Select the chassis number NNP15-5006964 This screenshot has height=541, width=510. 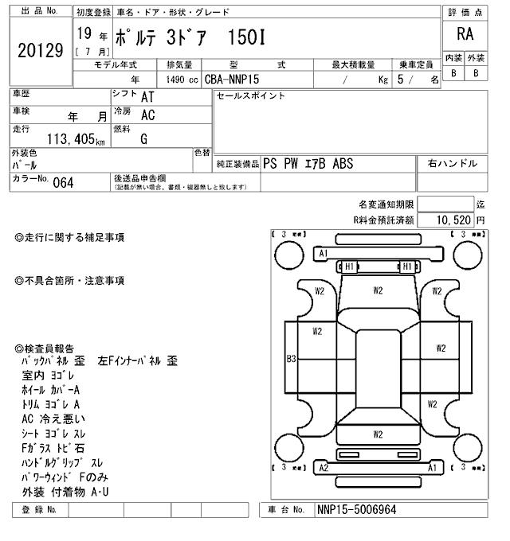pos(356,510)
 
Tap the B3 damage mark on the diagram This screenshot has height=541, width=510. pos(292,359)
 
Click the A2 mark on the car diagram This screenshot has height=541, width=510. pos(324,468)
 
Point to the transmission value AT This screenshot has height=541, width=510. pos(147,96)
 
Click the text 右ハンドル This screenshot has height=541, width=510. pos(452,163)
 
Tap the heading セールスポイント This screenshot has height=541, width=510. pos(250,96)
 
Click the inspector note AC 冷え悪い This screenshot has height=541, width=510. pos(54,418)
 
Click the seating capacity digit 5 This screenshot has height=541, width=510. pos(400,80)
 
